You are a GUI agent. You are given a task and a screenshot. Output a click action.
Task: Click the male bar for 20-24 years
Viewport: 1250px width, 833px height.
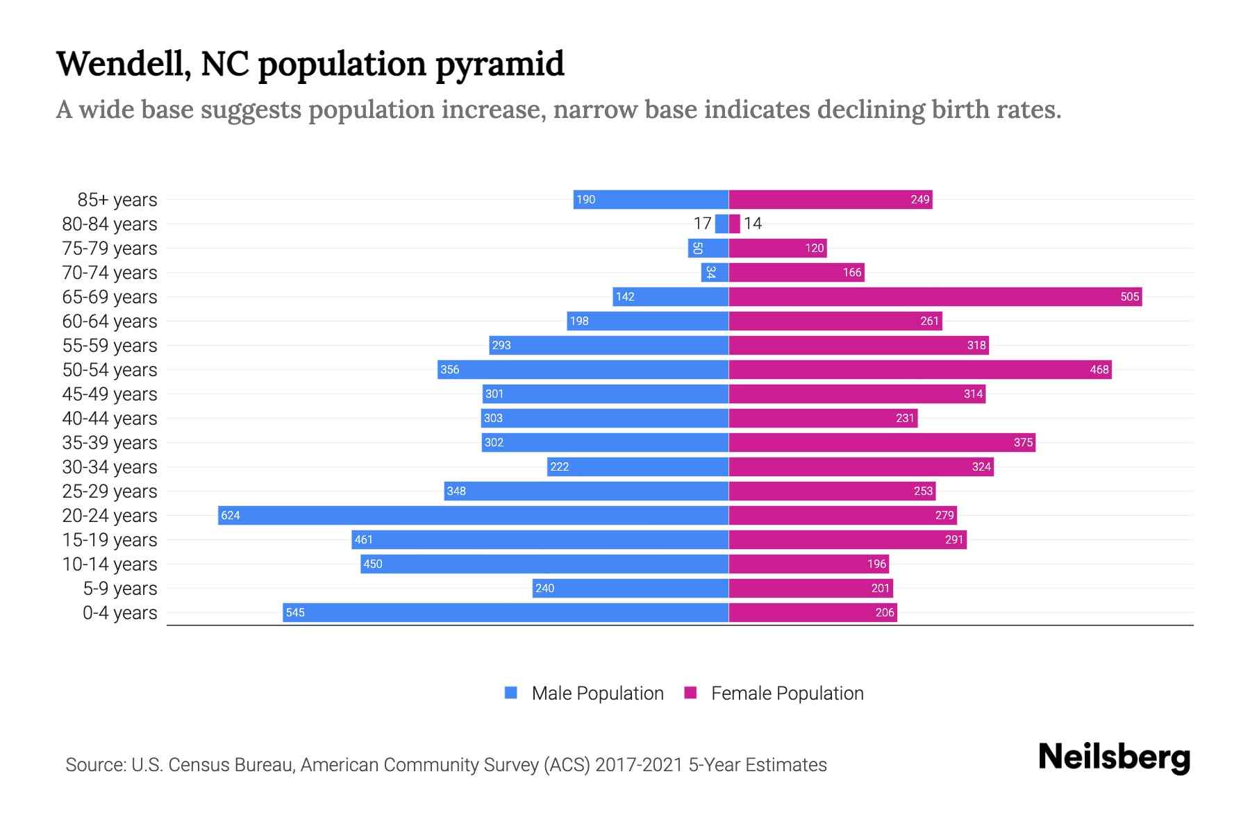[x=473, y=515]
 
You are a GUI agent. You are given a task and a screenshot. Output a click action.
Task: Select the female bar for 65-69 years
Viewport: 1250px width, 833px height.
[x=935, y=296]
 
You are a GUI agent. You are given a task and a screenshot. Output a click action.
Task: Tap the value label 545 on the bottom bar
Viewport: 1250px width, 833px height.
[x=295, y=612]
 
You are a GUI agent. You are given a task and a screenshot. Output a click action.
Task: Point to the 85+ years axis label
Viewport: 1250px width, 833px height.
[x=117, y=200]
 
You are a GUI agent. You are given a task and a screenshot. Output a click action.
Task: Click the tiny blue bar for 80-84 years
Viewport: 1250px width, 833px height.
[x=722, y=224]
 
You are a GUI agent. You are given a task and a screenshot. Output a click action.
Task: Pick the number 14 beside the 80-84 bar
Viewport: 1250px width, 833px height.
[x=753, y=224]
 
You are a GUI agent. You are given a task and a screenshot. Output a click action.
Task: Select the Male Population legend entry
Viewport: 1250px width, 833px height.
[x=597, y=693]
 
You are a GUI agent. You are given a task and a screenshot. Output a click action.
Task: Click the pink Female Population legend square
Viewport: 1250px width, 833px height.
[x=690, y=693]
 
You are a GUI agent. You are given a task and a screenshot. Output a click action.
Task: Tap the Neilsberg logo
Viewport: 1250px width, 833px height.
[x=1114, y=757]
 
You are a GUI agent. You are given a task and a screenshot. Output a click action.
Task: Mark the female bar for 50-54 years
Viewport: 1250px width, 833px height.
[x=919, y=369]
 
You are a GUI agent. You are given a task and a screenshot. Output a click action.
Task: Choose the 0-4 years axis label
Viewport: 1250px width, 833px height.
[x=119, y=613]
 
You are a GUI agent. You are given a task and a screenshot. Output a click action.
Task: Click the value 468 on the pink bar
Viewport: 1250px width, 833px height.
[x=1099, y=369]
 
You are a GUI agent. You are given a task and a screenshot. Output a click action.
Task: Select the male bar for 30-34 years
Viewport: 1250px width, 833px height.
[x=637, y=466]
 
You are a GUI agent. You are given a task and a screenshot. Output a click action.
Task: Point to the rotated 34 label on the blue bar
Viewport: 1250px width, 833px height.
[x=710, y=272]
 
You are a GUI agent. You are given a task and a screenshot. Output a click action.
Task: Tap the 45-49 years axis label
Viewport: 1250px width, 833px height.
[x=110, y=394]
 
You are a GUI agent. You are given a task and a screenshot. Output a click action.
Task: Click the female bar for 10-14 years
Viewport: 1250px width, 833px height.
[x=808, y=564]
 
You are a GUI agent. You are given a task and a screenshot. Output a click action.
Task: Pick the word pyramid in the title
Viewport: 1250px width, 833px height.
[x=500, y=64]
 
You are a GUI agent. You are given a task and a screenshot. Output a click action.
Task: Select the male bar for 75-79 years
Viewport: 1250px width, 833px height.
[x=708, y=248]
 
